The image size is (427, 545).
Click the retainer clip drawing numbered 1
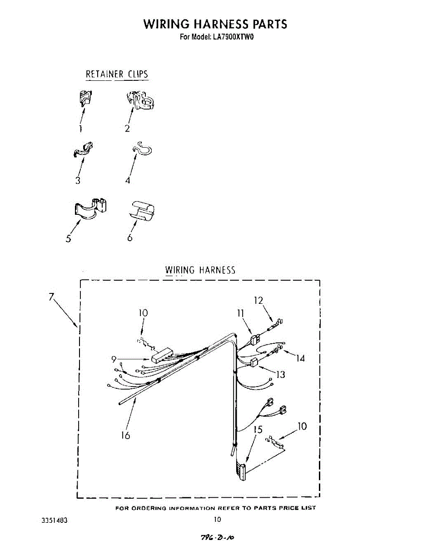[84, 98]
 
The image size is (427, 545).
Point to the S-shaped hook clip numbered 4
[142, 149]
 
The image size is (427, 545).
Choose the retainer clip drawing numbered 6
[143, 210]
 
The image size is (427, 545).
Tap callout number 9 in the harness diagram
[114, 360]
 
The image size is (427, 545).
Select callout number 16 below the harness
[125, 435]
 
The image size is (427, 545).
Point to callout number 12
[258, 300]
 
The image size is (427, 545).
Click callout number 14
[300, 358]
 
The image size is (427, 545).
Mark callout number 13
[281, 375]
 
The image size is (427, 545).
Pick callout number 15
[258, 429]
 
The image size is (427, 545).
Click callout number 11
[240, 313]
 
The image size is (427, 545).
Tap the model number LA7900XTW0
[232, 37]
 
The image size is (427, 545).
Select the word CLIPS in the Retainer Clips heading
[138, 74]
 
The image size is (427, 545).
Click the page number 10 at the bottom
[217, 520]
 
